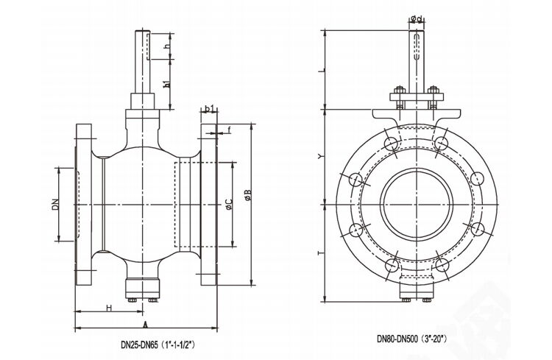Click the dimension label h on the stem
point(168,46)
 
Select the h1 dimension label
point(168,83)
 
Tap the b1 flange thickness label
point(210,109)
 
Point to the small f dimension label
point(230,130)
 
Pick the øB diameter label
point(248,195)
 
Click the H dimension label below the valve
point(108,307)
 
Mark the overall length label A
point(145,323)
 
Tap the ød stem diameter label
point(416,19)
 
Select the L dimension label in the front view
point(321,71)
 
